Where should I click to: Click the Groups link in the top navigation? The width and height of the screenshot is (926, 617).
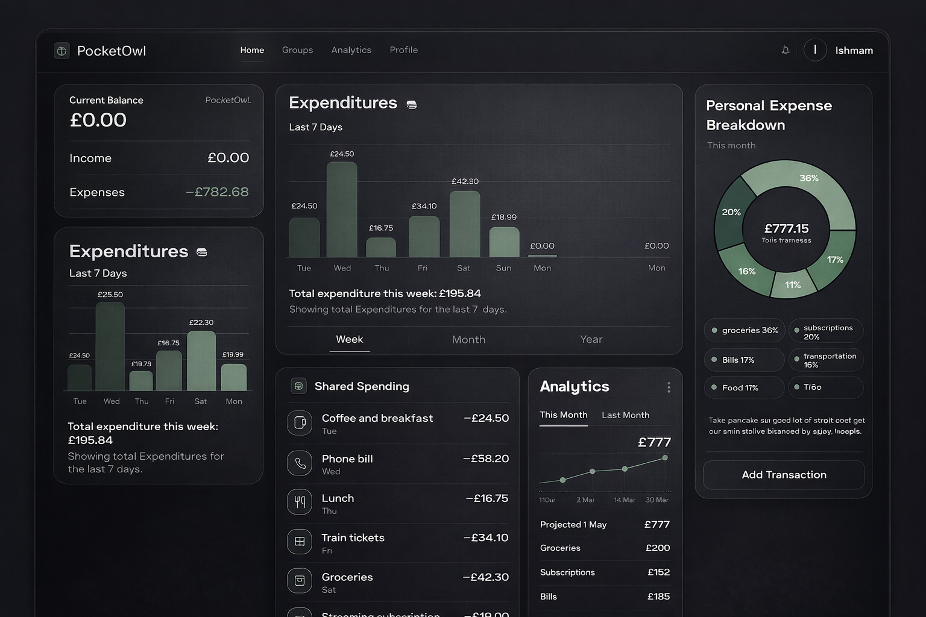297,50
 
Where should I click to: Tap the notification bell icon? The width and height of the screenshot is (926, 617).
785,50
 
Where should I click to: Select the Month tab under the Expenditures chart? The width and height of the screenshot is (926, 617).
468,339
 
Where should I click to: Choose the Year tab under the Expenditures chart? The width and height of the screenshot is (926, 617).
591,339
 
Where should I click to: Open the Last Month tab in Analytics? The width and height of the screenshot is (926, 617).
625,415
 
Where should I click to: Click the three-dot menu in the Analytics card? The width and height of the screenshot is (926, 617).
669,387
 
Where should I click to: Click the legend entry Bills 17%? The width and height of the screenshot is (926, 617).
744,360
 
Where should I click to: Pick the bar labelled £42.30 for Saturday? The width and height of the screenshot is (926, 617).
465,224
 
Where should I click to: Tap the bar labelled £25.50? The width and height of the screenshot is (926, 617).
110,346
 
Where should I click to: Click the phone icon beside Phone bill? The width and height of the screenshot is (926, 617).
300,463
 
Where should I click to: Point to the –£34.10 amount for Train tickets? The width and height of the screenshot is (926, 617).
486,537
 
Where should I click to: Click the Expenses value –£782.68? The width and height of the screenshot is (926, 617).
217,192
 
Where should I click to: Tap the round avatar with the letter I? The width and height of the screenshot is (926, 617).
815,50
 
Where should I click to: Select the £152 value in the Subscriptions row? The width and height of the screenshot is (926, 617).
658,572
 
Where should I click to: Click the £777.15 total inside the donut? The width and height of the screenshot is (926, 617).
786,228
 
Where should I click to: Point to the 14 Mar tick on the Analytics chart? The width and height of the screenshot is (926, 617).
624,500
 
